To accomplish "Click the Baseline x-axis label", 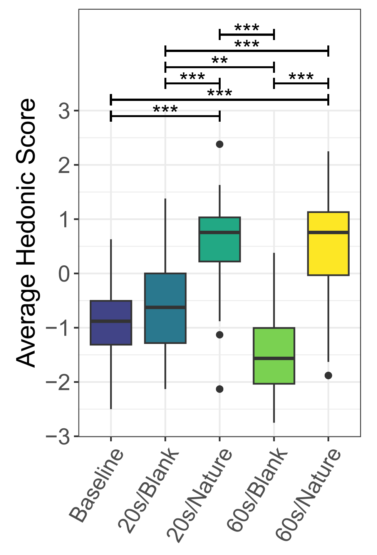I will (x=97, y=485).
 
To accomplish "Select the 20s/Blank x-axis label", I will (x=149, y=491).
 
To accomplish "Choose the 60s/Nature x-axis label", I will (x=308, y=495).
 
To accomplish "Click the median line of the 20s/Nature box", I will (x=219, y=232).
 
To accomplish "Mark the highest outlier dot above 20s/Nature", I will (x=219, y=144).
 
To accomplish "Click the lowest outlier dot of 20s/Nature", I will (x=219, y=389).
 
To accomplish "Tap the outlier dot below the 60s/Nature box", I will (x=328, y=376).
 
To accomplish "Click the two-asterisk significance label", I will (x=219, y=61).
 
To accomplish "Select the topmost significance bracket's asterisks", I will (x=247, y=28).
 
